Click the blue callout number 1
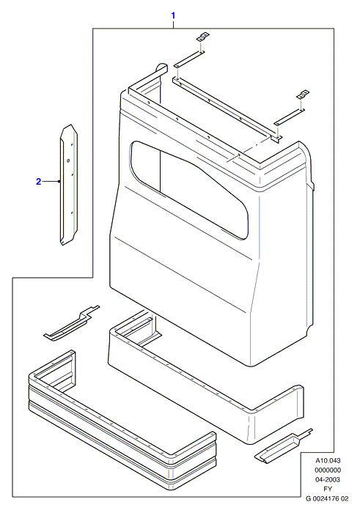tap(174, 15)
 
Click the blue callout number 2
tap(39, 181)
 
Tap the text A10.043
tap(328, 461)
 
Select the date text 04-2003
tap(328, 479)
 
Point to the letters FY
tap(328, 489)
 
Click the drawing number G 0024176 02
tap(327, 498)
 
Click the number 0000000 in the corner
tap(328, 470)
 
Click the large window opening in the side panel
tap(189, 190)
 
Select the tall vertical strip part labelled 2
tap(69, 185)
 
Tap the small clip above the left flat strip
tap(203, 37)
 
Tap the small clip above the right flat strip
tap(303, 95)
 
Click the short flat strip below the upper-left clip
tap(189, 59)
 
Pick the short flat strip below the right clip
tap(290, 117)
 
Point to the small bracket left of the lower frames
tap(71, 324)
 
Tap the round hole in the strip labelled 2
tap(68, 160)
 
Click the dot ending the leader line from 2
tap(59, 181)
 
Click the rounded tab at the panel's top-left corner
tap(161, 67)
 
